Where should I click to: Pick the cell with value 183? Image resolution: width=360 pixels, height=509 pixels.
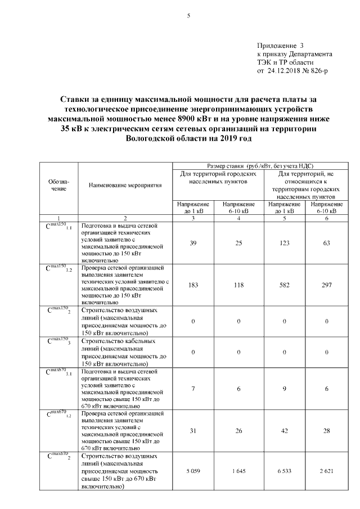point(193,285)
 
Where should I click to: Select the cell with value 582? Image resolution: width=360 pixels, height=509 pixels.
point(285,285)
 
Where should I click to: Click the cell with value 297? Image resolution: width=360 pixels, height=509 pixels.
point(326,285)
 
